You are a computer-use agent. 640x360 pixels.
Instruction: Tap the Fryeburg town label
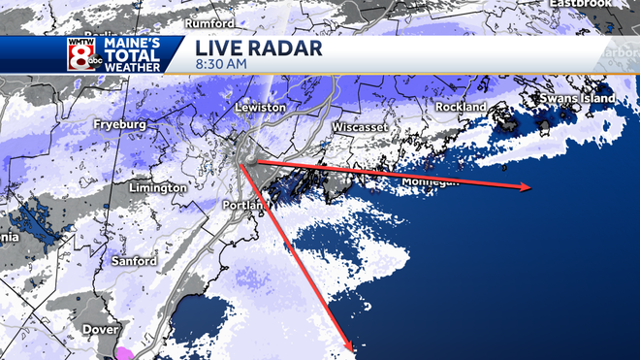pos(118,125)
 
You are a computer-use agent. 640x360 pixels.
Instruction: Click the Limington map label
pos(156,187)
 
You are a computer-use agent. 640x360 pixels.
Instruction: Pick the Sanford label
pos(133,262)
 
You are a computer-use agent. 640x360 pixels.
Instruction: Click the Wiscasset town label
pos(360,128)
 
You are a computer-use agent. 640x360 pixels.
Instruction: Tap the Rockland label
pos(461,107)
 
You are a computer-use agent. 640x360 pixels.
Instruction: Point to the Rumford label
pos(211,21)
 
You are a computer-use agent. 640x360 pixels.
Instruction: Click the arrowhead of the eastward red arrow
pos(528,187)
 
